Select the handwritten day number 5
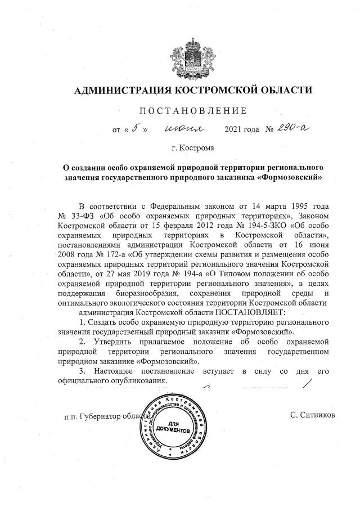(x=135, y=129)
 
